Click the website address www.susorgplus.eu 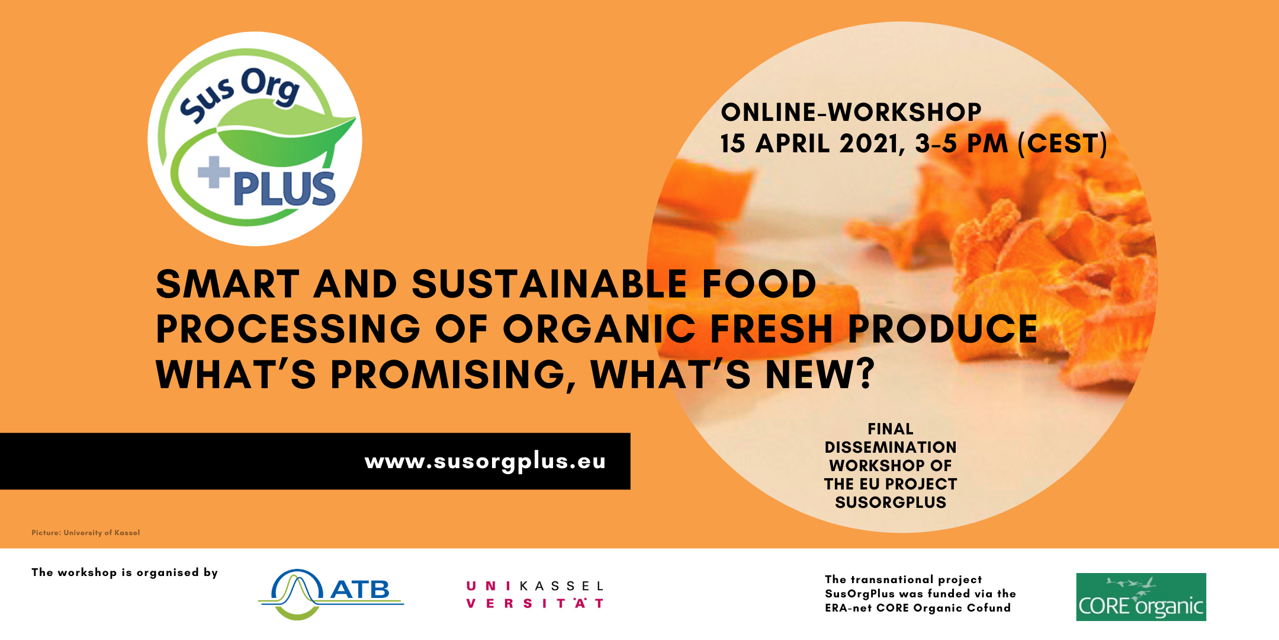[x=485, y=462]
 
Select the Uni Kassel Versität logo [x=535, y=594]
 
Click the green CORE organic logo [x=1140, y=597]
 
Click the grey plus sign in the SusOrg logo [x=214, y=172]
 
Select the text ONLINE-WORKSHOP [x=851, y=113]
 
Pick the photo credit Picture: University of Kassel [x=86, y=533]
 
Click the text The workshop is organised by [x=124, y=572]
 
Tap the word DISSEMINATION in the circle [x=890, y=447]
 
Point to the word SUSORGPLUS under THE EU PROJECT [x=890, y=503]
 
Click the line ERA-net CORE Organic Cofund [x=917, y=608]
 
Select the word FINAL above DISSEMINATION [x=890, y=429]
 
